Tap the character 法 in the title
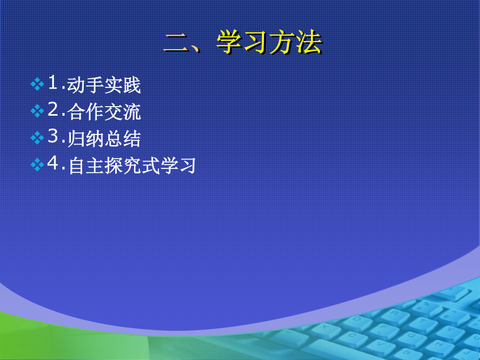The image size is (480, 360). (309, 42)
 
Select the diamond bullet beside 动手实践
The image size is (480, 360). (37, 84)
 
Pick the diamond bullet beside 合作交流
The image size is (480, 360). (37, 111)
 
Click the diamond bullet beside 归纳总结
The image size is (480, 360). (37, 138)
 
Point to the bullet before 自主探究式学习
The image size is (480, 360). (37, 165)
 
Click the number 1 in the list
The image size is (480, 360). (53, 82)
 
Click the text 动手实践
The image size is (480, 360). (104, 85)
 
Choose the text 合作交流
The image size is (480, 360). (104, 112)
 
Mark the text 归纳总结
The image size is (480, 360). (104, 139)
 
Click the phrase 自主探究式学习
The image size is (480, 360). (132, 166)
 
